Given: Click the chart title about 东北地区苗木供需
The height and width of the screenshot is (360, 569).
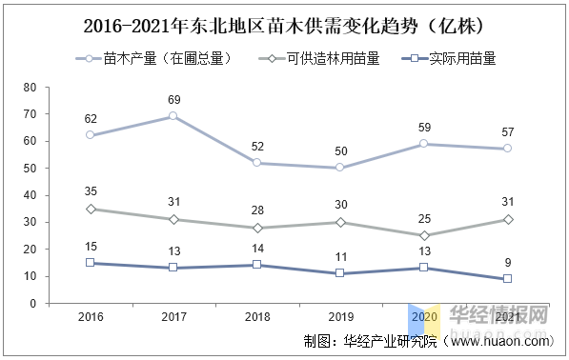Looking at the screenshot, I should (x=283, y=23).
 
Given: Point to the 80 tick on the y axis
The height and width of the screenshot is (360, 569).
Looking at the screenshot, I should (x=30, y=87).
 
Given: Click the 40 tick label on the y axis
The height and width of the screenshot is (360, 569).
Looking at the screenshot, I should (x=30, y=194).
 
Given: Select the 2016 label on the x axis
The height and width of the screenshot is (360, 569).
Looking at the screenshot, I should (x=90, y=316).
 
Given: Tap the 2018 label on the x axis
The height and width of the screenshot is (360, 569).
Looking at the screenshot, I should (x=256, y=316).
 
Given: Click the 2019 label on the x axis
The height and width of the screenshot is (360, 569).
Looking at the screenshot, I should (x=340, y=316).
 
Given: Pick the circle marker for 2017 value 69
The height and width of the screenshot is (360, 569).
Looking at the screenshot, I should (x=173, y=116).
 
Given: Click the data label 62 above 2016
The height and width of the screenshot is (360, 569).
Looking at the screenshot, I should (x=90, y=119).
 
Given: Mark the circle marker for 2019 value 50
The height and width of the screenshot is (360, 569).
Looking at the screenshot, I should (x=340, y=168).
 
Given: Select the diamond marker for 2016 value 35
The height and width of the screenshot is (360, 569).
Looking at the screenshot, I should (x=90, y=209).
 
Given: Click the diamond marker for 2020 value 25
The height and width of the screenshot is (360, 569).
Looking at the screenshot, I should (x=424, y=235).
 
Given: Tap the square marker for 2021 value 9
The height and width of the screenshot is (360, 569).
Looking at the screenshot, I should (x=508, y=278).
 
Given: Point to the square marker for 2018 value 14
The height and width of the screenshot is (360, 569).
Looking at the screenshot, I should (x=256, y=265).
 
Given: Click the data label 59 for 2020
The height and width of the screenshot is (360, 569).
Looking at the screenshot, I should (x=424, y=127).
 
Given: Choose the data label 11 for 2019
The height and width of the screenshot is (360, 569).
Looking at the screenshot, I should (x=340, y=257).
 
